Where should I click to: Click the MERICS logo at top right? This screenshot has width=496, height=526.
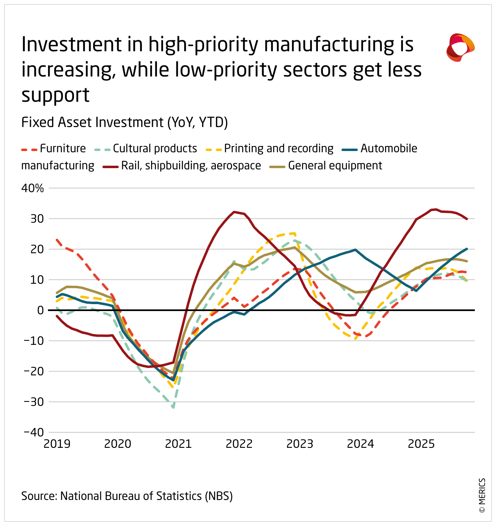click(x=460, y=48)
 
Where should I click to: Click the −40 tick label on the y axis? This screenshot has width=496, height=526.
click(x=34, y=432)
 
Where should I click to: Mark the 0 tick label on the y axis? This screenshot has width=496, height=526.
click(x=40, y=310)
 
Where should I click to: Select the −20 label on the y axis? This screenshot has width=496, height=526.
click(x=34, y=371)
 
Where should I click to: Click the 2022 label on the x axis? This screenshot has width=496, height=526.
click(x=239, y=444)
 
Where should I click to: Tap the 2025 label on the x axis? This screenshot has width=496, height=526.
click(x=421, y=444)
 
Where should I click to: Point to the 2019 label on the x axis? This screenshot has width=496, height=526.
click(x=57, y=444)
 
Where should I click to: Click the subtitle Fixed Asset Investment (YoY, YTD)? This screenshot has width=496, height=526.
click(x=124, y=122)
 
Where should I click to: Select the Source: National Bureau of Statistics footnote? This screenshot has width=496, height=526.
click(x=127, y=496)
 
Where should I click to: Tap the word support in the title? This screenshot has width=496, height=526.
click(x=55, y=95)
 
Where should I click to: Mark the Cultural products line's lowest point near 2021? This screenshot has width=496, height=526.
click(x=174, y=407)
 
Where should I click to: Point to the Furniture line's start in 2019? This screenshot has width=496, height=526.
click(x=57, y=240)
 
